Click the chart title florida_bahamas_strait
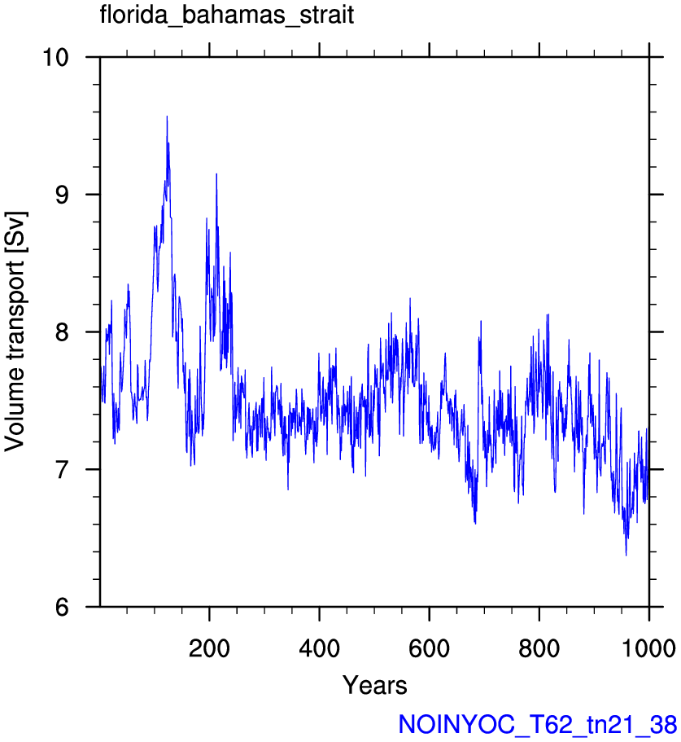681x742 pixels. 227,15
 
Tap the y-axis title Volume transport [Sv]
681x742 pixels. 15,331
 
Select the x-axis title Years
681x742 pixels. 375,685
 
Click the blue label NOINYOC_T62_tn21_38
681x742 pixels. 538,725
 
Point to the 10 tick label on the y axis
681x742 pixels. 55,57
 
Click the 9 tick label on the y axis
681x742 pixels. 63,195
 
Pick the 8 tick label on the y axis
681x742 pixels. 63,331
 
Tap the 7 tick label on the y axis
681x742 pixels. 63,469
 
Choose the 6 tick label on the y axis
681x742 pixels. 63,607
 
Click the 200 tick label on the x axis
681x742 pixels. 209,648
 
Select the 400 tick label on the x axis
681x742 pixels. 320,648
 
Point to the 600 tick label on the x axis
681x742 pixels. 429,648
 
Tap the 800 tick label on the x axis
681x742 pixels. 539,648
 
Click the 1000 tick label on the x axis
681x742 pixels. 649,648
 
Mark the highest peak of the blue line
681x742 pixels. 167,116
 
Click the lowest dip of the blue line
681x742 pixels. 626,555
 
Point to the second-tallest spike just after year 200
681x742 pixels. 216,174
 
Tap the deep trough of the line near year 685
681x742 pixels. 475,524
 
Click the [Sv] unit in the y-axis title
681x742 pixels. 15,232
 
